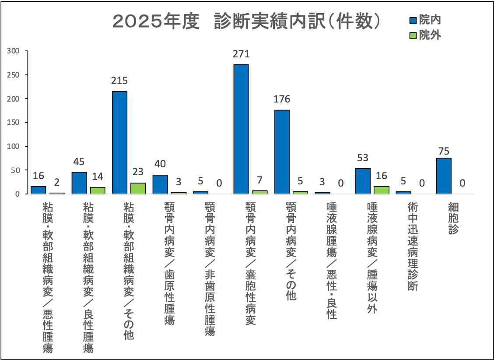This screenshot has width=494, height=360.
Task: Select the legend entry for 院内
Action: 425,20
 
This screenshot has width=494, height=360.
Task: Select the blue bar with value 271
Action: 241,129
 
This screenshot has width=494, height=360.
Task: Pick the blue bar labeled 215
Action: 119,142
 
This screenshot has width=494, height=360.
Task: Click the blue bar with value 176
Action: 282,152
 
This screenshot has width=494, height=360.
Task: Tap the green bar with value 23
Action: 138,188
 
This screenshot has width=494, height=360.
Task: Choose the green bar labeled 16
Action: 381,190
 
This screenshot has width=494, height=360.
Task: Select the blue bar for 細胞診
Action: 444,176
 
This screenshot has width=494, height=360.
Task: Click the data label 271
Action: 241,54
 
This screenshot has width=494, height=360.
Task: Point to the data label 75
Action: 444,151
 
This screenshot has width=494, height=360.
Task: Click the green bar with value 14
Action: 98,191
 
